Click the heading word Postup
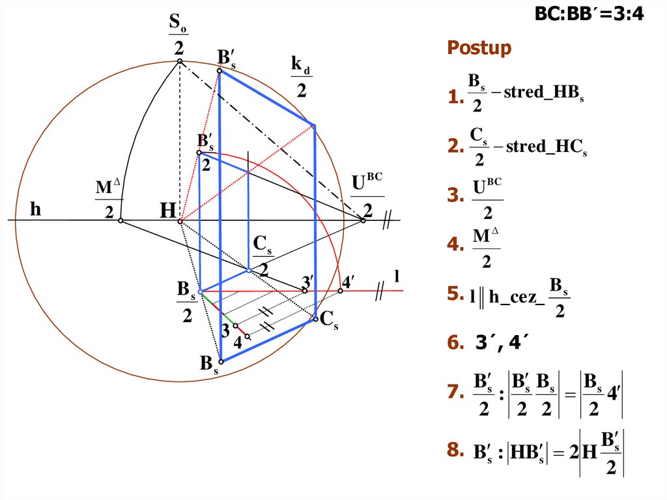click(479, 48)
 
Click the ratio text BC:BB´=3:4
click(589, 14)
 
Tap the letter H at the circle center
click(168, 211)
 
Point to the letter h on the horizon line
click(35, 209)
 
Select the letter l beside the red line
click(395, 277)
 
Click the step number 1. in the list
click(454, 98)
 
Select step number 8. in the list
click(454, 450)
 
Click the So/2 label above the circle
click(178, 36)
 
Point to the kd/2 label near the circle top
click(300, 76)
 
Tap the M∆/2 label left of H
click(108, 199)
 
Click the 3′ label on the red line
click(307, 282)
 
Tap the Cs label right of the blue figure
click(329, 320)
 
